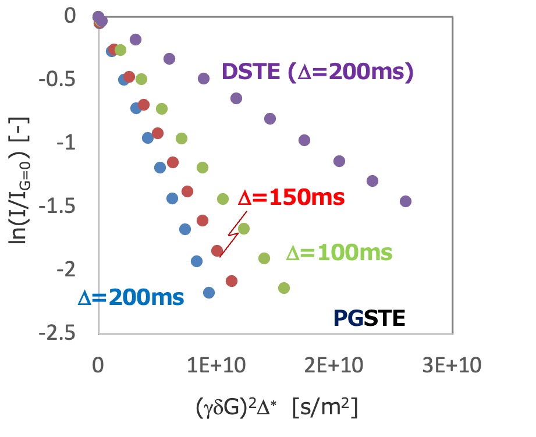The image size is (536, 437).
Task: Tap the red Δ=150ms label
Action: [x=292, y=198]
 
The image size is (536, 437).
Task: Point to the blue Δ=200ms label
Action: [x=131, y=297]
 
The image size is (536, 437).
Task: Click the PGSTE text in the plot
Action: [x=369, y=318]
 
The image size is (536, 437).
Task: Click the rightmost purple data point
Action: [x=406, y=201]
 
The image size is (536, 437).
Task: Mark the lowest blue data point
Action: [x=209, y=293]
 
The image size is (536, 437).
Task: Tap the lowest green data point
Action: [x=284, y=287]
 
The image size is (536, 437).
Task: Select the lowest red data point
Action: [x=232, y=281]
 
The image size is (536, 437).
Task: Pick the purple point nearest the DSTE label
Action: [x=204, y=79]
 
